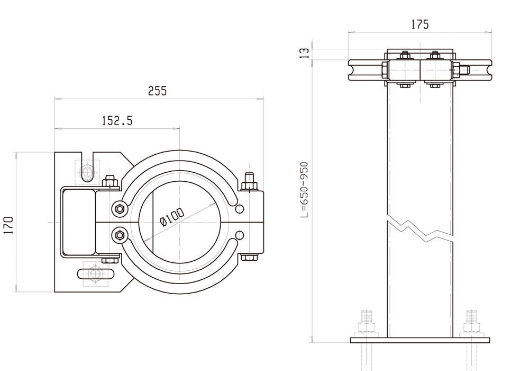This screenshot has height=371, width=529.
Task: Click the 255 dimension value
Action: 157,91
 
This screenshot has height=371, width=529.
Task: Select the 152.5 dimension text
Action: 117,121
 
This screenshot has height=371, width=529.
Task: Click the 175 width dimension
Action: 419,24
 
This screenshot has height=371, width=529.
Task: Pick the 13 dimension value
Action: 305,54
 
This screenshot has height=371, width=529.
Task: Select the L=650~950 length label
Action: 304,190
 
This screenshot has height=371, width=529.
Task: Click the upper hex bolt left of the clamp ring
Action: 120,209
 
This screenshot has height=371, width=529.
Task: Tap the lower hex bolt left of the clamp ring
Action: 120,235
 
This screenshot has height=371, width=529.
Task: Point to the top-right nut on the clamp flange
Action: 249,184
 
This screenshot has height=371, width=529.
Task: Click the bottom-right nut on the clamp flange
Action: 249,258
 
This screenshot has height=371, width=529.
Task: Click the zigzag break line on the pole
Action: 421,227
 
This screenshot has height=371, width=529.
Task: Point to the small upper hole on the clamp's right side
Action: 240,208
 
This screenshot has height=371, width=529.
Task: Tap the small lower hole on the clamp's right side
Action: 240,235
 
